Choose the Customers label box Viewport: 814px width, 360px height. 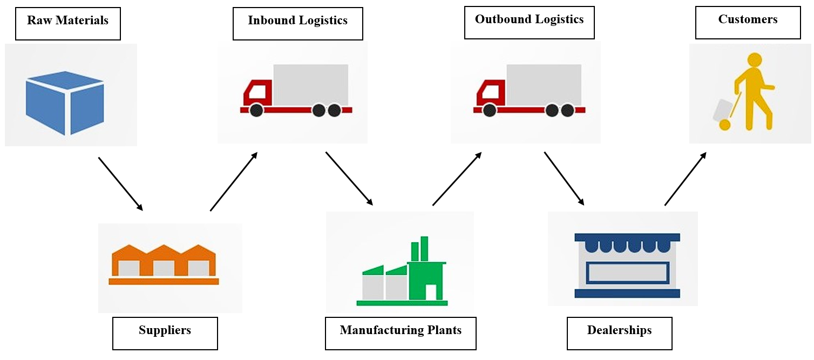point(748,23)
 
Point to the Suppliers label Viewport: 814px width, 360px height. point(165,333)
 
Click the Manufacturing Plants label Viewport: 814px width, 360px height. point(401,333)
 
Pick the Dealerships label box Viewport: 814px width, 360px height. point(619,333)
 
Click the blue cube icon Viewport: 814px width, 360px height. point(65,103)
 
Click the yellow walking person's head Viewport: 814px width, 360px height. point(754,60)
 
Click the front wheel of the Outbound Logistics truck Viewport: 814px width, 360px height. point(490,111)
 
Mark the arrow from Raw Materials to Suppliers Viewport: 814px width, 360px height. point(120,184)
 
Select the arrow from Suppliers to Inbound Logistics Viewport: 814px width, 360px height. point(234,181)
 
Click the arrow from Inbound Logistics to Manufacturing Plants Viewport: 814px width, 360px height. point(349,178)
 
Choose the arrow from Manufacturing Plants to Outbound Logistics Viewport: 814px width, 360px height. point(457,179)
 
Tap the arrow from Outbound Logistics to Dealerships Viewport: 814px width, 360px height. point(564,178)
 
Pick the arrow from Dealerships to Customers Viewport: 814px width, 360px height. point(685,179)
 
